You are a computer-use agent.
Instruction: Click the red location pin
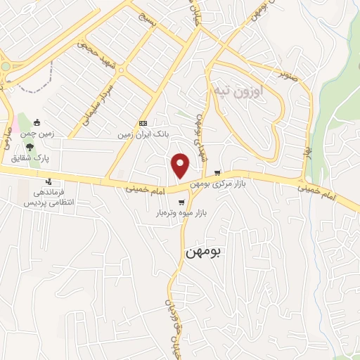(x=181, y=165)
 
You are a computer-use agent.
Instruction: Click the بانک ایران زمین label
(x=143, y=131)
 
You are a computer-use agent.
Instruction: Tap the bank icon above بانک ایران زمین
(x=143, y=121)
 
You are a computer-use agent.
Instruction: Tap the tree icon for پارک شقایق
(x=30, y=146)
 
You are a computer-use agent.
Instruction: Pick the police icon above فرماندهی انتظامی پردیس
(x=48, y=182)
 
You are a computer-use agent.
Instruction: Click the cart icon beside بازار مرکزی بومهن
(x=217, y=173)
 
